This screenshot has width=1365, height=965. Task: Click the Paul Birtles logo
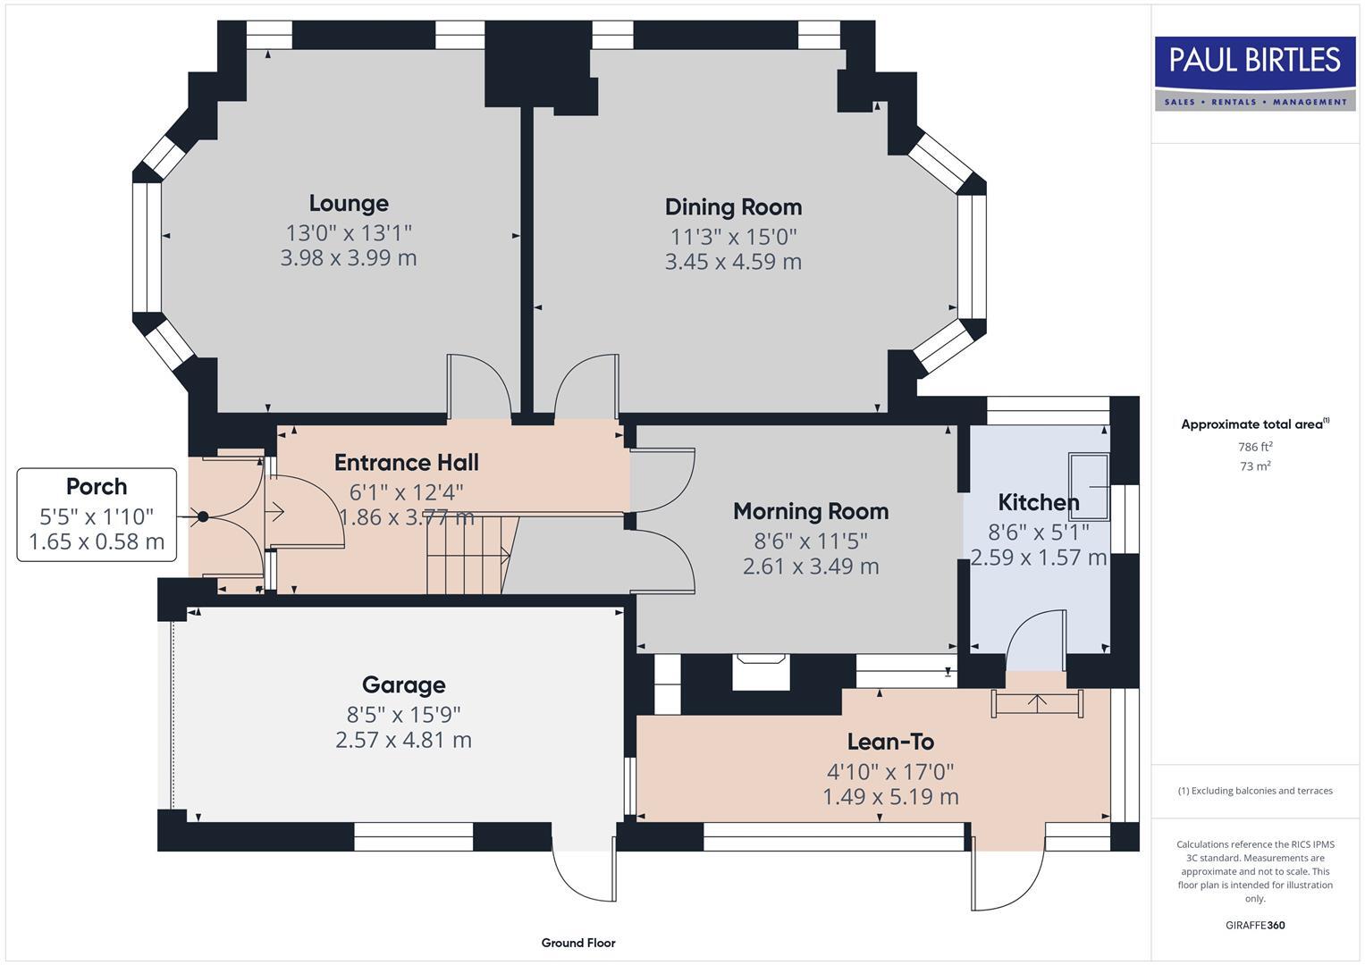pos(1254,72)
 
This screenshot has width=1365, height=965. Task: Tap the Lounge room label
pos(349,204)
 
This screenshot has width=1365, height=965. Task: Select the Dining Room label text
pos(733,207)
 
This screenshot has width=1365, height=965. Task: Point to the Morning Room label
pos(811,511)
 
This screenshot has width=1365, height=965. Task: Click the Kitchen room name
pos(1038,502)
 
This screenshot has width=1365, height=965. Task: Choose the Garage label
pos(403,685)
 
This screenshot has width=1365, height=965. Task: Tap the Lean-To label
pos(890,742)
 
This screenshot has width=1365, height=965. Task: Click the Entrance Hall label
pos(406,463)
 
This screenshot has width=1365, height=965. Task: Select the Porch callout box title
pos(97,487)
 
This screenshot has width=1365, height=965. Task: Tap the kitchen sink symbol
pos(1089,484)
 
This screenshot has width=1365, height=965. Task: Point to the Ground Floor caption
pos(578,943)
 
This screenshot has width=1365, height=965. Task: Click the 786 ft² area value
pos(1255,447)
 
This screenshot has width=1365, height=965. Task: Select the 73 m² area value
pos(1255,466)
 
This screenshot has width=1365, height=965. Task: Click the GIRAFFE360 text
pos(1255,925)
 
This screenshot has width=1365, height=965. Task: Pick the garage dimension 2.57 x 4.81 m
pos(403,740)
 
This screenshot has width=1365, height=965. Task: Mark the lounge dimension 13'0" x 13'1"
pos(349,233)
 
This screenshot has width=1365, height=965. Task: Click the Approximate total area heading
pos(1254,424)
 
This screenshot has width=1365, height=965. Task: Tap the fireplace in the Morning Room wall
pos(760,671)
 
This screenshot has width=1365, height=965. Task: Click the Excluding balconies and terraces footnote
pos(1255,791)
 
